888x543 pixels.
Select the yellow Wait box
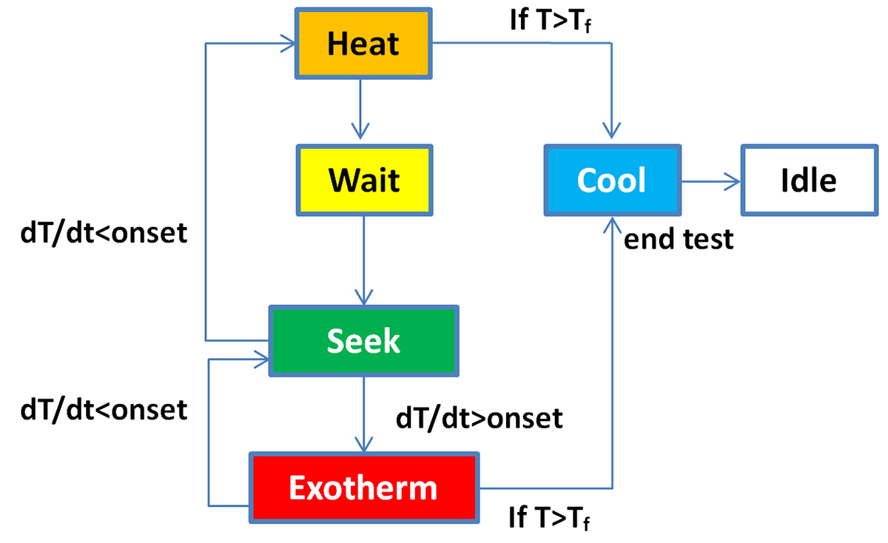click(363, 180)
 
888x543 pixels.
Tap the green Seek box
click(363, 341)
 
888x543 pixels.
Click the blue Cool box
click(611, 181)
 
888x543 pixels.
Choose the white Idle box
click(808, 181)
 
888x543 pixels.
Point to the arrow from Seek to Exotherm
click(363, 414)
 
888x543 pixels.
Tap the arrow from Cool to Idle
click(710, 181)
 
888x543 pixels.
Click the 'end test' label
click(679, 239)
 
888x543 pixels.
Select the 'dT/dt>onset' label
click(480, 419)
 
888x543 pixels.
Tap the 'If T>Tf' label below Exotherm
click(551, 516)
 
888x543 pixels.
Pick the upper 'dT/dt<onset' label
click(104, 234)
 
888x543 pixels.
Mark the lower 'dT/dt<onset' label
click(104, 408)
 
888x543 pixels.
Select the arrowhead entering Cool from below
click(611, 224)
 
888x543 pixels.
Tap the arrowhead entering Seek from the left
click(260, 360)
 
